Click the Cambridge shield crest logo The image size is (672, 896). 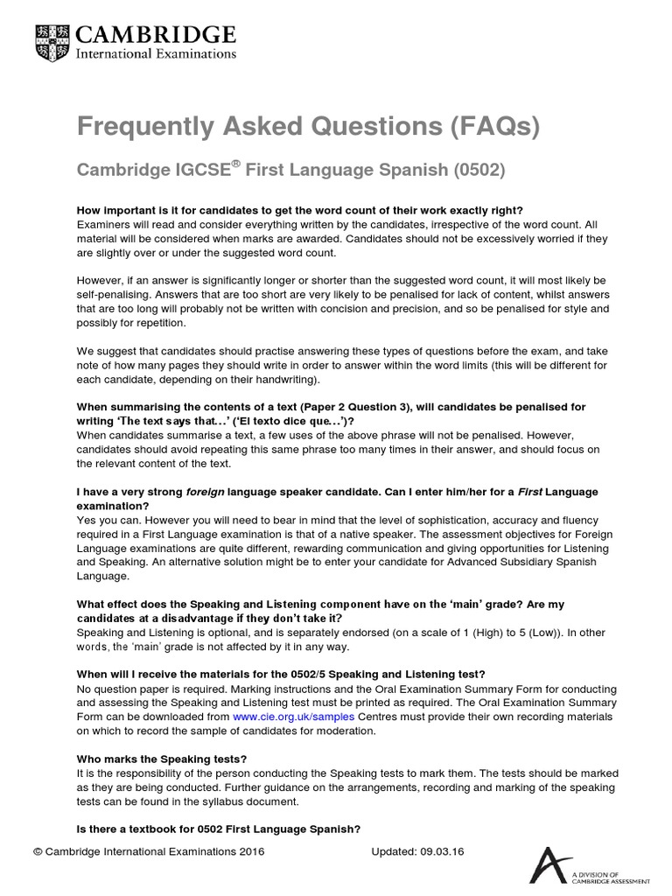pos(55,42)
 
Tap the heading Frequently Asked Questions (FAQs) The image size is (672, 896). pos(309,128)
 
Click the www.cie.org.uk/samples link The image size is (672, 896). pos(293,716)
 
